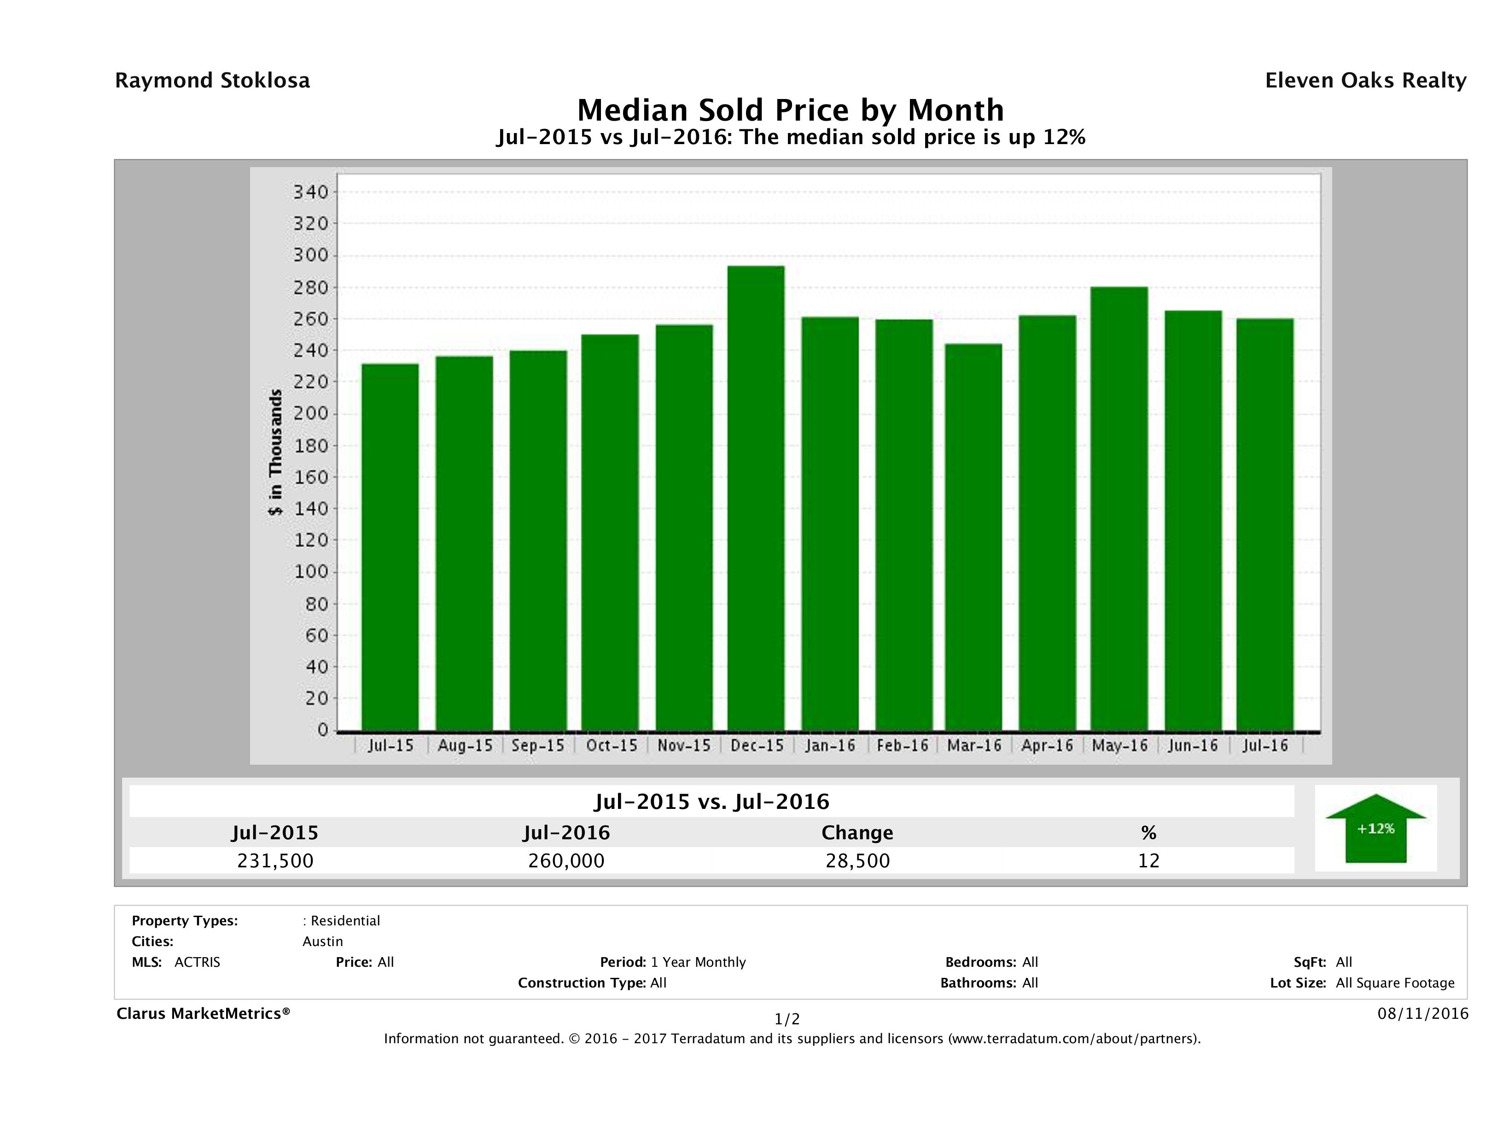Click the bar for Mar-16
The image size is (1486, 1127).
(x=973, y=537)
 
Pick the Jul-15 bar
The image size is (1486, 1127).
(x=390, y=547)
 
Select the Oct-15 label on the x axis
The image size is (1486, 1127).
(x=612, y=745)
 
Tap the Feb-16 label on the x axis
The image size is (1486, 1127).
(x=902, y=745)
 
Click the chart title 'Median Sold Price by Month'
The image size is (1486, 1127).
(x=790, y=110)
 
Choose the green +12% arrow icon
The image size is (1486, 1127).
(x=1375, y=828)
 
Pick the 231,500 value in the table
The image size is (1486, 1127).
(x=275, y=861)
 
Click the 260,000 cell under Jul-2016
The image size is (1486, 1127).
(x=566, y=861)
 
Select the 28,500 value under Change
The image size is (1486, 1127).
(x=858, y=861)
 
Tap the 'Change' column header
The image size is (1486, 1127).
(x=857, y=833)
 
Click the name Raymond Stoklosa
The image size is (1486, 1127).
(x=212, y=81)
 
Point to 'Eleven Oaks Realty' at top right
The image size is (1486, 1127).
(x=1365, y=81)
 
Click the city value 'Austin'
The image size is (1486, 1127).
(x=322, y=941)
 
